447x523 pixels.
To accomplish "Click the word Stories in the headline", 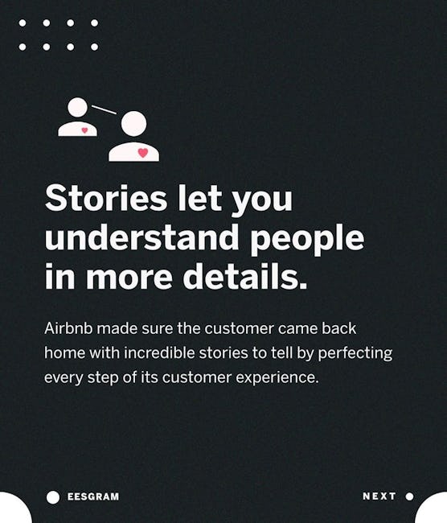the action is tap(105, 198).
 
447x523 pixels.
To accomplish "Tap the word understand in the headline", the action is tap(141, 237).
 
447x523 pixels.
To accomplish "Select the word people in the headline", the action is tap(307, 240).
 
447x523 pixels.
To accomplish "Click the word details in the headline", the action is tap(244, 276).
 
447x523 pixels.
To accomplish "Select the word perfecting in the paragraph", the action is tap(355, 354).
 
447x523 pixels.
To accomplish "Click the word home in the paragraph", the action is tap(64, 353).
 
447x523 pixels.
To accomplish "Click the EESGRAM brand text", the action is tap(93, 496).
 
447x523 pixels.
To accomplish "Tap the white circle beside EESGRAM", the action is tap(53, 497).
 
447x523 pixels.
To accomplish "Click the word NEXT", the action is tap(379, 496).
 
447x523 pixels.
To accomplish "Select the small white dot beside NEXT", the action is tap(410, 496).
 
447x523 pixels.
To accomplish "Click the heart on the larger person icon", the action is tap(143, 153).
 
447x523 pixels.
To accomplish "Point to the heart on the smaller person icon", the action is tap(84, 130).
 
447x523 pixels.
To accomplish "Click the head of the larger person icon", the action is tap(133, 123).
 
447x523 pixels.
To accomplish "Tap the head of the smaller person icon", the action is tap(78, 107).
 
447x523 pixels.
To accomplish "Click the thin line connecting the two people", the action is tap(104, 109).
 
